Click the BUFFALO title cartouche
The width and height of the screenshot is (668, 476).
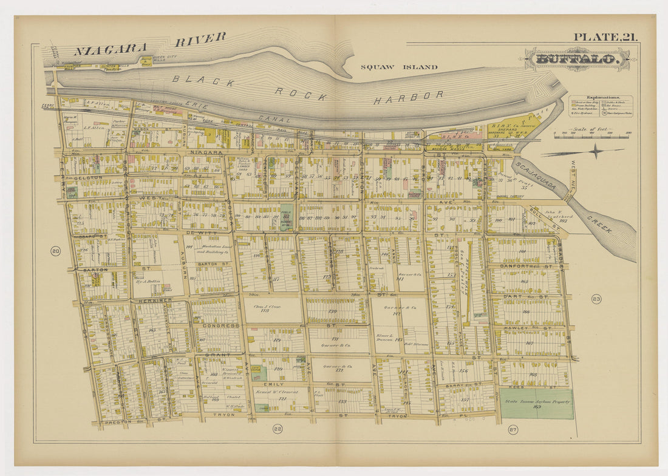(577, 59)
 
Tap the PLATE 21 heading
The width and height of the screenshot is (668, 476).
(605, 38)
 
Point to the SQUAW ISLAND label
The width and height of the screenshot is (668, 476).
(398, 67)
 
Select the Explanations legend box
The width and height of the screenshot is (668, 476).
(601, 106)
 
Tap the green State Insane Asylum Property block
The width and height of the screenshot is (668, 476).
(536, 404)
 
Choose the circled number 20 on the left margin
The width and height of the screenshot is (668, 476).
(55, 251)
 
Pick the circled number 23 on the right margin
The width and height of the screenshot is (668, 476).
(596, 299)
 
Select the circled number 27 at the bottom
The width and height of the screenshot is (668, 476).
(513, 430)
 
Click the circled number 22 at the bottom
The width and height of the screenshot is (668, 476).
(277, 429)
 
